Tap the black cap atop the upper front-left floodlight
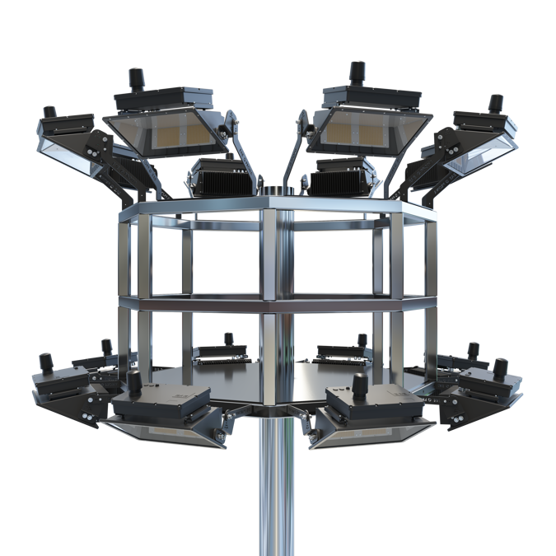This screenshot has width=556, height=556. point(134,80)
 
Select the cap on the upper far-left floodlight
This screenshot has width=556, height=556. point(49,111)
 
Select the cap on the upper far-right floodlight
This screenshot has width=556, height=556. point(495,103)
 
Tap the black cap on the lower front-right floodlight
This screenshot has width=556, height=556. point(359,384)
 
